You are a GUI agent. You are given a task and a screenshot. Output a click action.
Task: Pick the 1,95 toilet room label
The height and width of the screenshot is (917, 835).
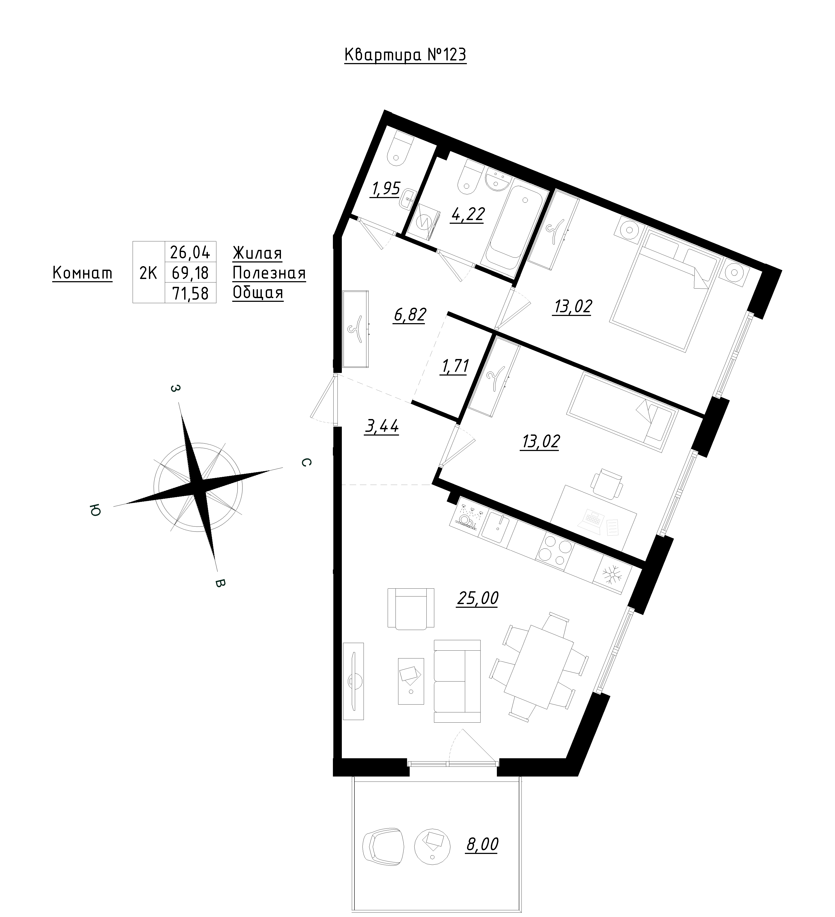tap(386, 188)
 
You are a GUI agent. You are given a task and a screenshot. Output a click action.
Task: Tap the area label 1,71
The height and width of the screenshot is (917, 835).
tap(454, 366)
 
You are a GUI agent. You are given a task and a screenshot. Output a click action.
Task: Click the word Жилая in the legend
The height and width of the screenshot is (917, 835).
tap(257, 253)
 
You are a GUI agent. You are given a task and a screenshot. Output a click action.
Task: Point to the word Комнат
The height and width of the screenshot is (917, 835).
tap(82, 273)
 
